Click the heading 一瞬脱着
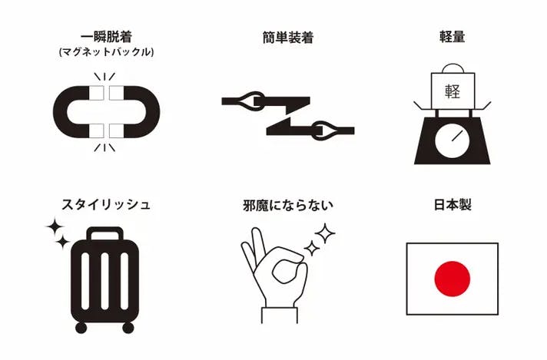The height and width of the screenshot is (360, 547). (106, 38)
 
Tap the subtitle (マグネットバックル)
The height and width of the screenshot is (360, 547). (106, 52)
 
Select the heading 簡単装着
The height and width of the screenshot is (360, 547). (288, 38)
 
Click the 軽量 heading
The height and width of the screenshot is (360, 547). (452, 37)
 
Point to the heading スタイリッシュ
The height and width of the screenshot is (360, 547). (106, 205)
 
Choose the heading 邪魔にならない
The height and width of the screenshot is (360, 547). (288, 205)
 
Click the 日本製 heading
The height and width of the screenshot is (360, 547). (453, 205)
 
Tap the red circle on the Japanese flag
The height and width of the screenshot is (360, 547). (452, 279)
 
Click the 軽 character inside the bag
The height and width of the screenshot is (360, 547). (453, 91)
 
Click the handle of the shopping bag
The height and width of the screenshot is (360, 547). (453, 68)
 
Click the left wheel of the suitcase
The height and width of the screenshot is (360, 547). (81, 328)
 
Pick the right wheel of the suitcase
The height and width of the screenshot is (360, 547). (128, 328)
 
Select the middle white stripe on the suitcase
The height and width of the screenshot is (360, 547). (104, 281)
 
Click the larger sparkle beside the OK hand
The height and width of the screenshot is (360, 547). (325, 233)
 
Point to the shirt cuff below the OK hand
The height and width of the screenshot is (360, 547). (280, 315)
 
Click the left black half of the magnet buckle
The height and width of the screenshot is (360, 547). (73, 111)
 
